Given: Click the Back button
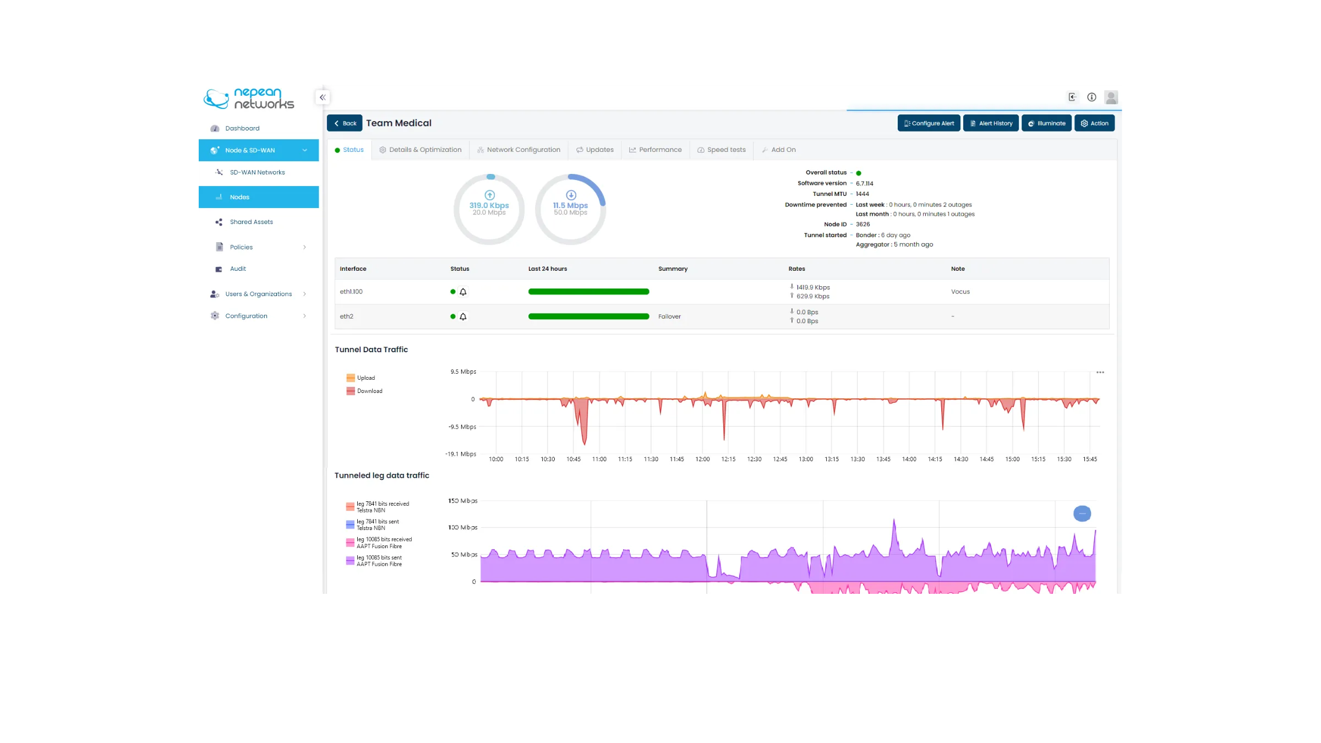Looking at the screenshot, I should click(x=345, y=123).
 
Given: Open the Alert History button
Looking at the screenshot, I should click(x=991, y=123).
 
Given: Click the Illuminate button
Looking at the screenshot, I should click(x=1046, y=123).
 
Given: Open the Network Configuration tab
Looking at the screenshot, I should click(x=518, y=150).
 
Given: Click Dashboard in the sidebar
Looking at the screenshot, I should click(x=242, y=128).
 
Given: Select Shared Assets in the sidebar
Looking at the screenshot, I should click(x=251, y=222).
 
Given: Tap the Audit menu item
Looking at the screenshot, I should click(x=238, y=269).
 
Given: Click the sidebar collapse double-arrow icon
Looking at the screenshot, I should click(x=323, y=97).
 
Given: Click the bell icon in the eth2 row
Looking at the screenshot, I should click(x=463, y=316).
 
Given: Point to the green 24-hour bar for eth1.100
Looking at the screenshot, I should click(x=588, y=292).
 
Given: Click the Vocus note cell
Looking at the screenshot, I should click(x=960, y=292).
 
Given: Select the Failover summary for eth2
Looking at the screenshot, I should click(x=669, y=316).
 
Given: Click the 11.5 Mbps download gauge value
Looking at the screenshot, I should click(x=570, y=205).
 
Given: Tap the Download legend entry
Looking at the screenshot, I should click(x=369, y=391).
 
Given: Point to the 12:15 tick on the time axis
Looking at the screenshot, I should click(x=728, y=459).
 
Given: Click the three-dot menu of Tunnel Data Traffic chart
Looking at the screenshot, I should click(x=1100, y=373).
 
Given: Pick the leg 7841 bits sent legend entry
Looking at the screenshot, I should click(x=377, y=525).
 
